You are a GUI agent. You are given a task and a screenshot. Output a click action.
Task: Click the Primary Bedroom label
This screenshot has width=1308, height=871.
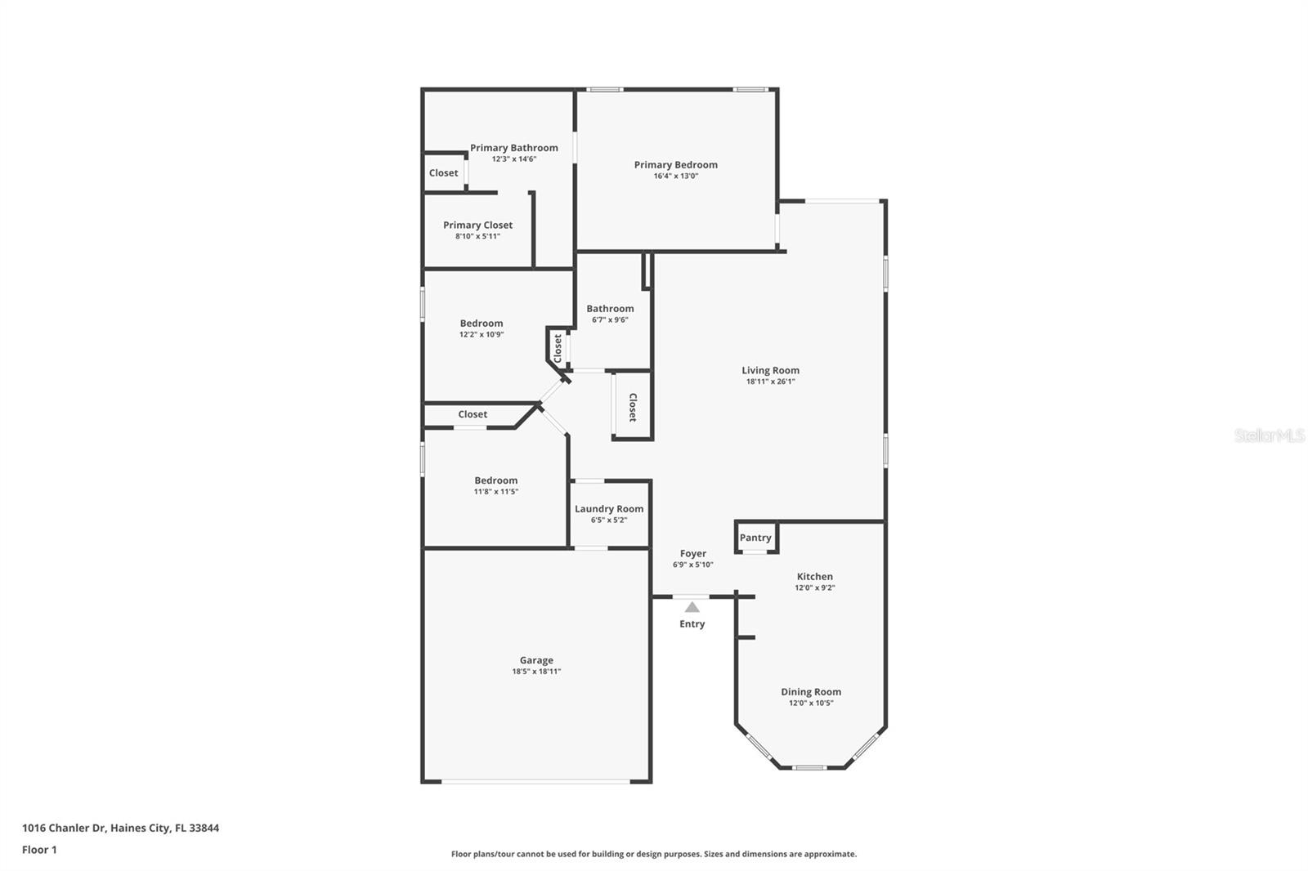pyautogui.click(x=675, y=165)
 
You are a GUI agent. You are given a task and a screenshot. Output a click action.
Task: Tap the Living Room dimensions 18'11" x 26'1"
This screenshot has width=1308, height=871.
pyautogui.click(x=770, y=382)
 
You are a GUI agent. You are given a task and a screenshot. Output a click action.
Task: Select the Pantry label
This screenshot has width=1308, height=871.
pyautogui.click(x=755, y=538)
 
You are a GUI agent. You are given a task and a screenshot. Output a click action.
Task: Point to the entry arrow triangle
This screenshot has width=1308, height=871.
pyautogui.click(x=692, y=607)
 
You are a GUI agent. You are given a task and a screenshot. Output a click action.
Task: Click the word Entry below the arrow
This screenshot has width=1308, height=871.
pyautogui.click(x=692, y=624)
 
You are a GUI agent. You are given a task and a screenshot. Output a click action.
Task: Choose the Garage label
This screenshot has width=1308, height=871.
pyautogui.click(x=536, y=660)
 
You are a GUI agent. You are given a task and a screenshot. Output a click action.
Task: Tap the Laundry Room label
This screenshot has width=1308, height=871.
pyautogui.click(x=609, y=509)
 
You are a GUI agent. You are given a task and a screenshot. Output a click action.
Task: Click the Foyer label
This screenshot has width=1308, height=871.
pyautogui.click(x=693, y=554)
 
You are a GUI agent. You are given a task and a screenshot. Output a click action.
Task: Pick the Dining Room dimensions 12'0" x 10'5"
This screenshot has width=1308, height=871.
pyautogui.click(x=811, y=703)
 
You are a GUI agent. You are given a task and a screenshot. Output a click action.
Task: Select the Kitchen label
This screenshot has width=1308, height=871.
pyautogui.click(x=815, y=577)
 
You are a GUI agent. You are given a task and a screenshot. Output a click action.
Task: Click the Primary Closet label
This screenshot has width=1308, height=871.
pyautogui.click(x=477, y=226)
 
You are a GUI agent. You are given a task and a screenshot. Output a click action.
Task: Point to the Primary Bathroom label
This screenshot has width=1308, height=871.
pyautogui.click(x=514, y=148)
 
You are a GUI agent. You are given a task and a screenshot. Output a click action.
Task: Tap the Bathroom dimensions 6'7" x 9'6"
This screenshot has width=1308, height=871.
pyautogui.click(x=610, y=320)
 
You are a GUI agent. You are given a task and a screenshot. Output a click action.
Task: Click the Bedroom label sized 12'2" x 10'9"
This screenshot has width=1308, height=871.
pyautogui.click(x=482, y=324)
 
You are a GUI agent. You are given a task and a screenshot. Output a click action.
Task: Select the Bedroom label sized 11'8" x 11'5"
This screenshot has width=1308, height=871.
pyautogui.click(x=496, y=480)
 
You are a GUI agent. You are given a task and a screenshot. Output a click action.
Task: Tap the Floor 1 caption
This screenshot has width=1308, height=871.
pyautogui.click(x=39, y=850)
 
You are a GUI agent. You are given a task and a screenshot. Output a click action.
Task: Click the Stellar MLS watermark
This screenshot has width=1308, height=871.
pyautogui.click(x=1270, y=435)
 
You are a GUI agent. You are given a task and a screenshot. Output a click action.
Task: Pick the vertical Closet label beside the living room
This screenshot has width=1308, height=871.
pyautogui.click(x=633, y=407)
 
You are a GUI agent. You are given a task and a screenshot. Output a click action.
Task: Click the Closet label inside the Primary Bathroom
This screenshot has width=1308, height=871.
pyautogui.click(x=444, y=173)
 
